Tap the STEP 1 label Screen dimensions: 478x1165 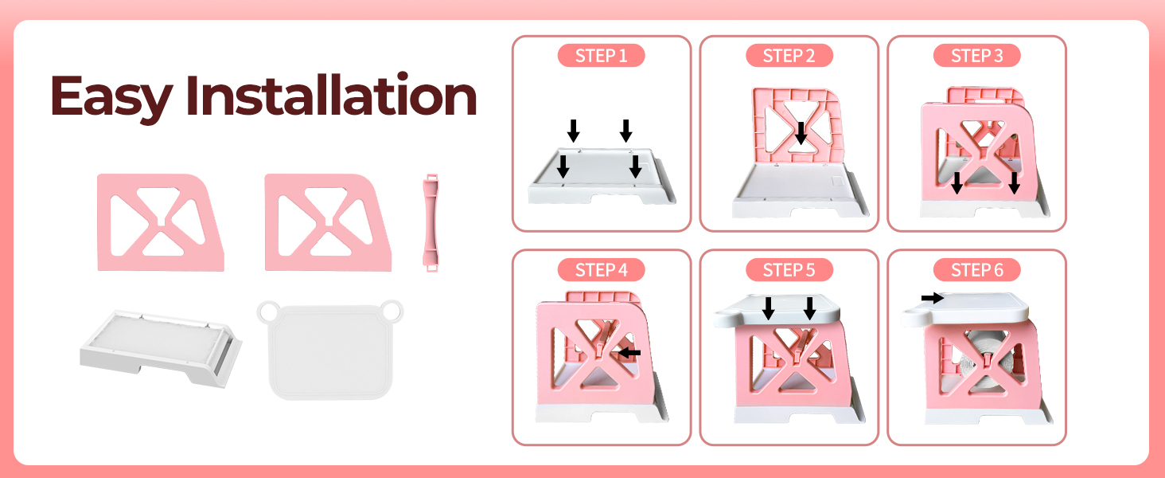click(x=601, y=56)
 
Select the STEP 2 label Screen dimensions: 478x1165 click(x=789, y=56)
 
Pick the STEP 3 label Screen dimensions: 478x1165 click(x=976, y=56)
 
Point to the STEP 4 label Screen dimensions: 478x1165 click(x=601, y=270)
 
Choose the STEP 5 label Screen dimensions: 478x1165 click(x=789, y=270)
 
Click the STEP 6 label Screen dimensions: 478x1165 click(x=976, y=270)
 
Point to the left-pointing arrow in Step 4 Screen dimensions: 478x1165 click(x=629, y=352)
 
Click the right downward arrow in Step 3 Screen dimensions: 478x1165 click(x=1014, y=182)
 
